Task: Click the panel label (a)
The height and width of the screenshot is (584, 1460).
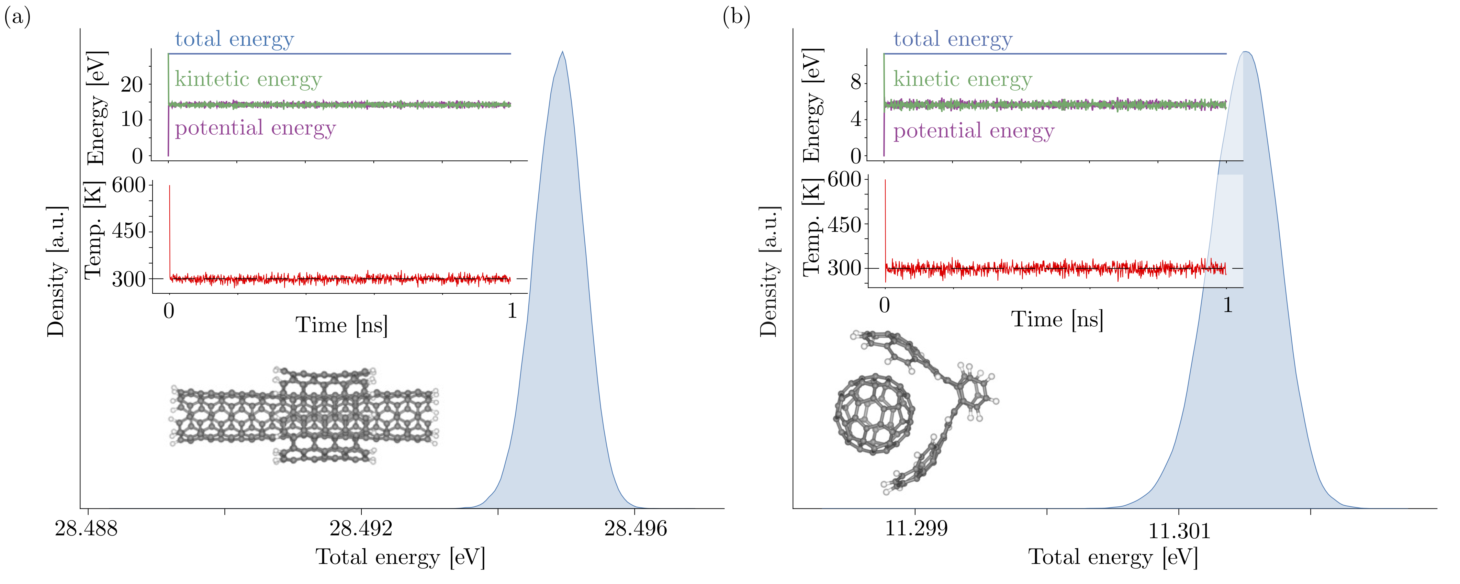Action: point(17,17)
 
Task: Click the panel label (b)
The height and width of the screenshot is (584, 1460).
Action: point(736,17)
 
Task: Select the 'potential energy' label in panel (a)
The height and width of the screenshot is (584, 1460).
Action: point(255,129)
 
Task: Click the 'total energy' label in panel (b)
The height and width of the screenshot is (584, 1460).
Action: point(953,39)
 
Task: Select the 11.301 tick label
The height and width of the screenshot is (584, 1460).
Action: point(1179,531)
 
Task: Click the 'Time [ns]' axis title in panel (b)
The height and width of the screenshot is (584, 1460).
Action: point(1057,320)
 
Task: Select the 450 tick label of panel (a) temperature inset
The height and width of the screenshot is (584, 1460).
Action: point(129,231)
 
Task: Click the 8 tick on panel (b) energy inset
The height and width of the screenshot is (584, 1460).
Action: point(855,82)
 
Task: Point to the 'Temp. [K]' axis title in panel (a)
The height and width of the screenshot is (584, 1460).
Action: point(93,229)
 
